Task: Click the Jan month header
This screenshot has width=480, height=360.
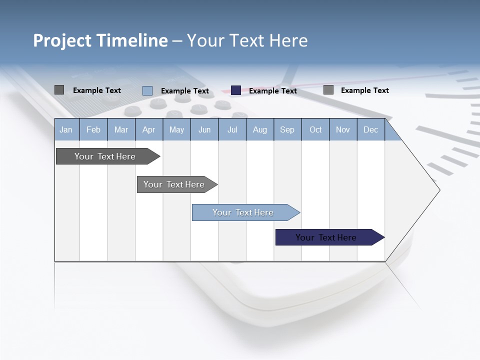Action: (x=66, y=130)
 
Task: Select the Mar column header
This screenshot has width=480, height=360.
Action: (x=121, y=130)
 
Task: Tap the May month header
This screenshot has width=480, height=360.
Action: (x=176, y=130)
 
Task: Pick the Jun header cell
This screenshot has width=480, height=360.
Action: (x=204, y=130)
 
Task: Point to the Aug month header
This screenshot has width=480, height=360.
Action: (x=260, y=130)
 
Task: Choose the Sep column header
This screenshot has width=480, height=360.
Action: (x=287, y=130)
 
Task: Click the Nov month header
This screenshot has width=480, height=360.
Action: (x=343, y=130)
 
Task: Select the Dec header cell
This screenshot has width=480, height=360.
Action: (x=370, y=130)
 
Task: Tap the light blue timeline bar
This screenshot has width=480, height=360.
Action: (x=243, y=212)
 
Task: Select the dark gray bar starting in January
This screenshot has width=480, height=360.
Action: (x=105, y=156)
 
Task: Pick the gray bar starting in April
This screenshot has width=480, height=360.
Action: (x=174, y=184)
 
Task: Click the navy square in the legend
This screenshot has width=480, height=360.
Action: (x=236, y=90)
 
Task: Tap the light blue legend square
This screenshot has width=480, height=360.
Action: (x=147, y=90)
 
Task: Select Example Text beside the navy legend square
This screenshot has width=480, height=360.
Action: (x=272, y=91)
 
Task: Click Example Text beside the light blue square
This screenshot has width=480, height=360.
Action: (x=184, y=91)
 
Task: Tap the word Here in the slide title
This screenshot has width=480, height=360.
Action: (x=288, y=40)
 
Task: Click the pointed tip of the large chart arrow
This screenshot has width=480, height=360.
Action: (x=438, y=190)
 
